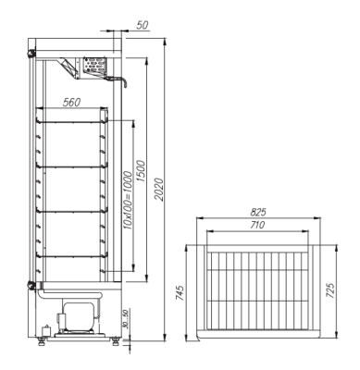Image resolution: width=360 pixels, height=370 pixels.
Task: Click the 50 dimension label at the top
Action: (143, 25)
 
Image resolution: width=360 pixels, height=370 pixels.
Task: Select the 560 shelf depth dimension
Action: (71, 102)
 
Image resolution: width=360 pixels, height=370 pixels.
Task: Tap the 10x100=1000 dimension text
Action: (128, 201)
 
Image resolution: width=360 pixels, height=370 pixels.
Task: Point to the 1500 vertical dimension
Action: (141, 170)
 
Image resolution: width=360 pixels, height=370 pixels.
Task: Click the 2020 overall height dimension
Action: (158, 190)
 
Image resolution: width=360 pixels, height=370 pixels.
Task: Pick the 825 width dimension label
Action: (258, 212)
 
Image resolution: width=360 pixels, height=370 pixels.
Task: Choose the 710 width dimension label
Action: (257, 225)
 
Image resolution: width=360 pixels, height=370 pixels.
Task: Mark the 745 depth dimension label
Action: (180, 293)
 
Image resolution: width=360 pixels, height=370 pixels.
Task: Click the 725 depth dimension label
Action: (330, 290)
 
